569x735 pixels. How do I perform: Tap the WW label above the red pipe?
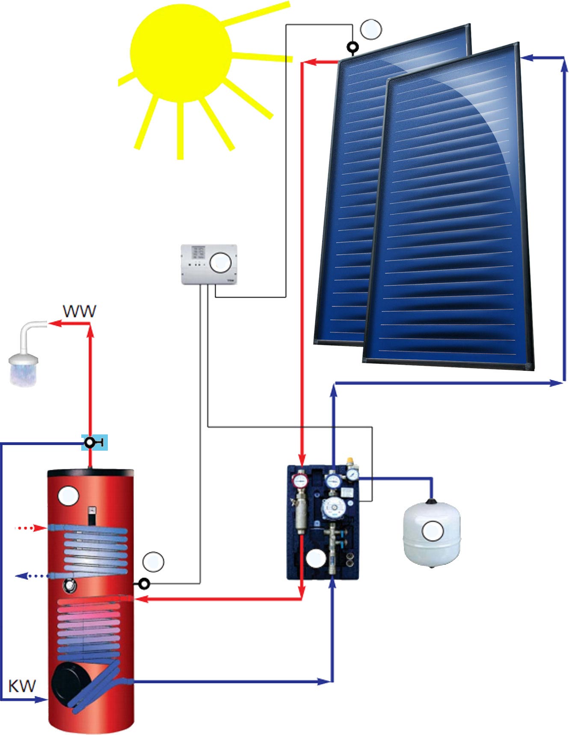click(80, 311)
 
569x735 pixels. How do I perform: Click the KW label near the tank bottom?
click(22, 686)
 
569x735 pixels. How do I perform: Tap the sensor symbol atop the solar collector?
click(353, 47)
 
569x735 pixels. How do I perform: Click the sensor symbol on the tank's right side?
click(145, 583)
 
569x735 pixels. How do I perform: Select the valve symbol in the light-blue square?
click(91, 443)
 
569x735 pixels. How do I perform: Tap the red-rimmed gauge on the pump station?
click(300, 481)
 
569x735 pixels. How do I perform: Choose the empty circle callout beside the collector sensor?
click(371, 29)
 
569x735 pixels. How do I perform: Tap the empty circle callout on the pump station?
click(316, 558)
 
